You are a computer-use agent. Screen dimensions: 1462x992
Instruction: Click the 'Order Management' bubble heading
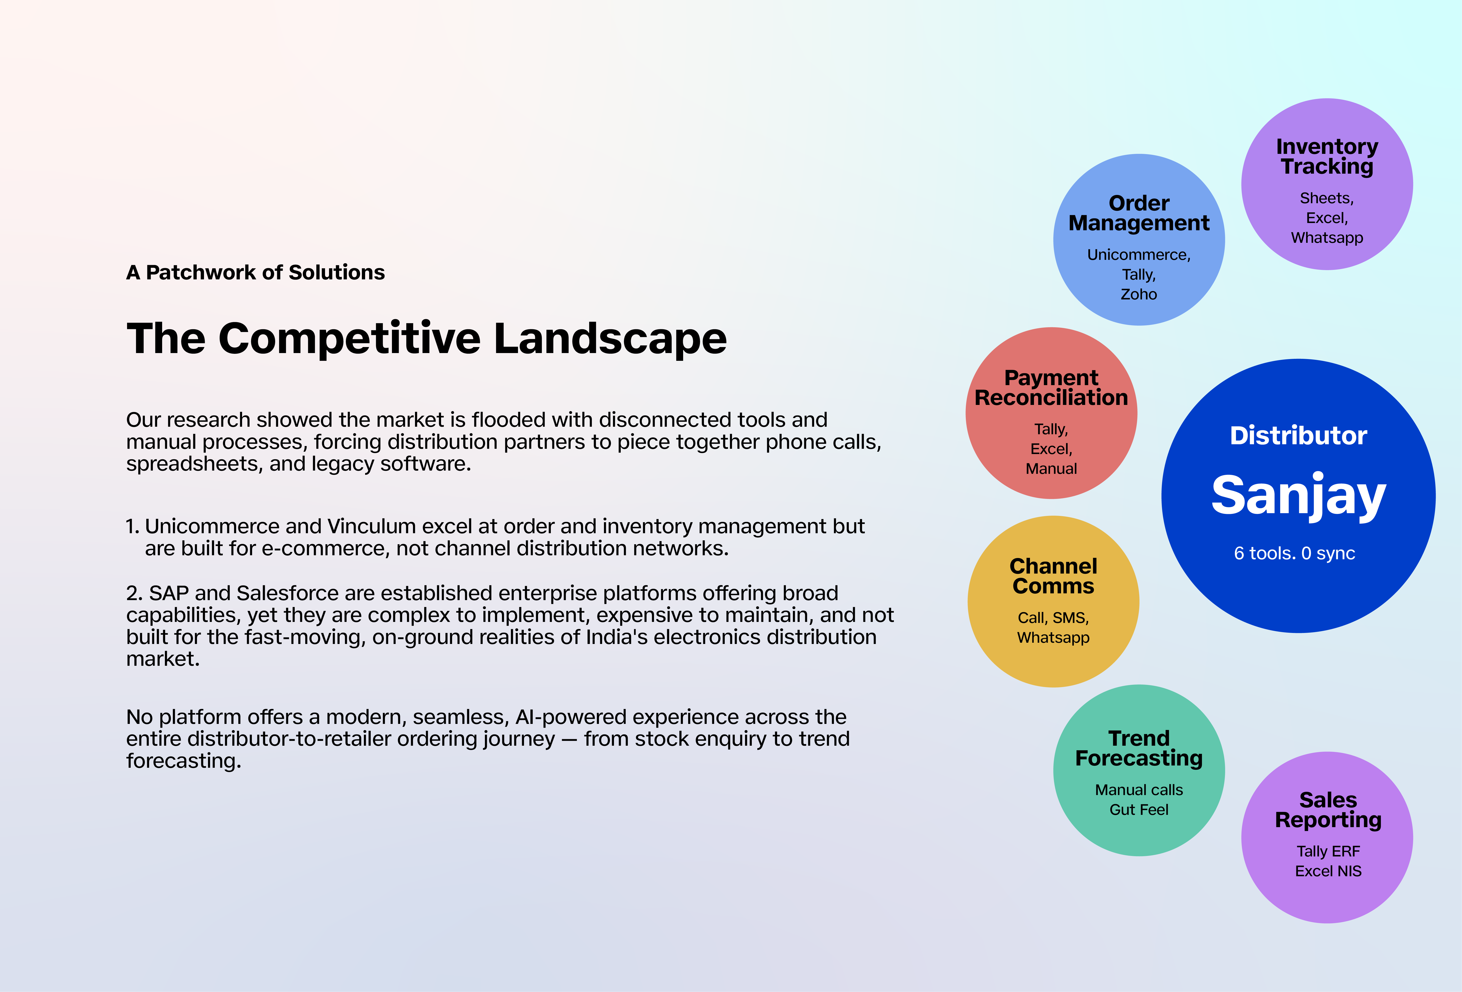tap(1139, 213)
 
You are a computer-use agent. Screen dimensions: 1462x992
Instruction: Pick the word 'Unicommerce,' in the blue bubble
tap(1139, 255)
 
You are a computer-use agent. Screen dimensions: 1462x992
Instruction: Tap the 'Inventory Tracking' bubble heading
tap(1327, 156)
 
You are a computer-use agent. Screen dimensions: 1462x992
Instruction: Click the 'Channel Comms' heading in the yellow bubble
tap(1053, 576)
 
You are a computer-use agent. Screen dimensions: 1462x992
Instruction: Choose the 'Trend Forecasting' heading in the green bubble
tap(1139, 748)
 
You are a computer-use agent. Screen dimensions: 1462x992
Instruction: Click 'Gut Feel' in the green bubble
tap(1139, 810)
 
